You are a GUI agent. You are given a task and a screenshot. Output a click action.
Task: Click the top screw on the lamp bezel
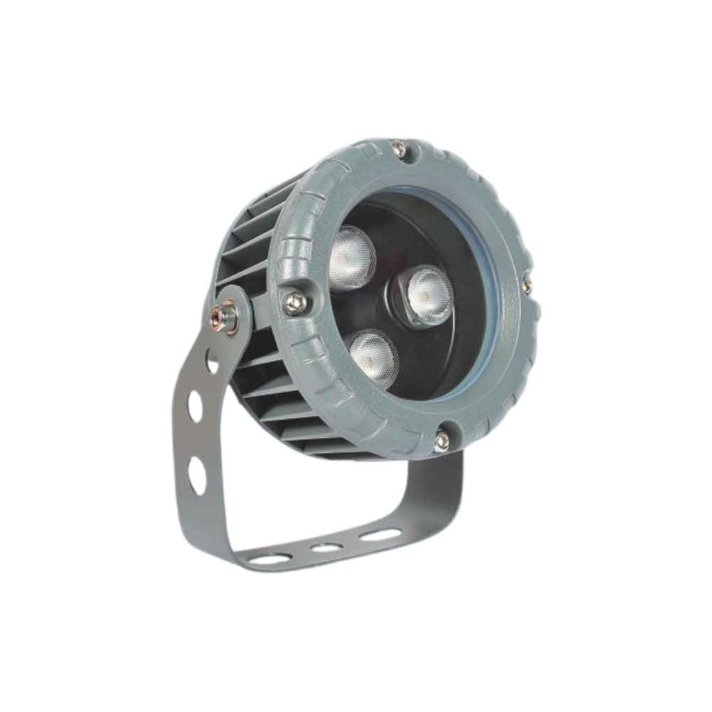pos(399,150)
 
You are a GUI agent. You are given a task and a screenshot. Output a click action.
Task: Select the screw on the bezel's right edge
pos(526,286)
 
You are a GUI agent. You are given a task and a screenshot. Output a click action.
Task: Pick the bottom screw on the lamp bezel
pos(441,441)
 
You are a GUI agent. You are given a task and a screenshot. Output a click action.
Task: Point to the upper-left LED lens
pos(351,258)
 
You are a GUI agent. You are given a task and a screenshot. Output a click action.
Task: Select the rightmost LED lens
pos(428,294)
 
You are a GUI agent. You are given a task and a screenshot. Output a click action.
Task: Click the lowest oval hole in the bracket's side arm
pos(197,475)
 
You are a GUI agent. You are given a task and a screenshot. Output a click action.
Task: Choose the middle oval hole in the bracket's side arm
pos(194,406)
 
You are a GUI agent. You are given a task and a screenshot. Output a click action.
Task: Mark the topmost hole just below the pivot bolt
pos(212,361)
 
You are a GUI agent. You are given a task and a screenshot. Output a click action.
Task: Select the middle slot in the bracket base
pos(326,548)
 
